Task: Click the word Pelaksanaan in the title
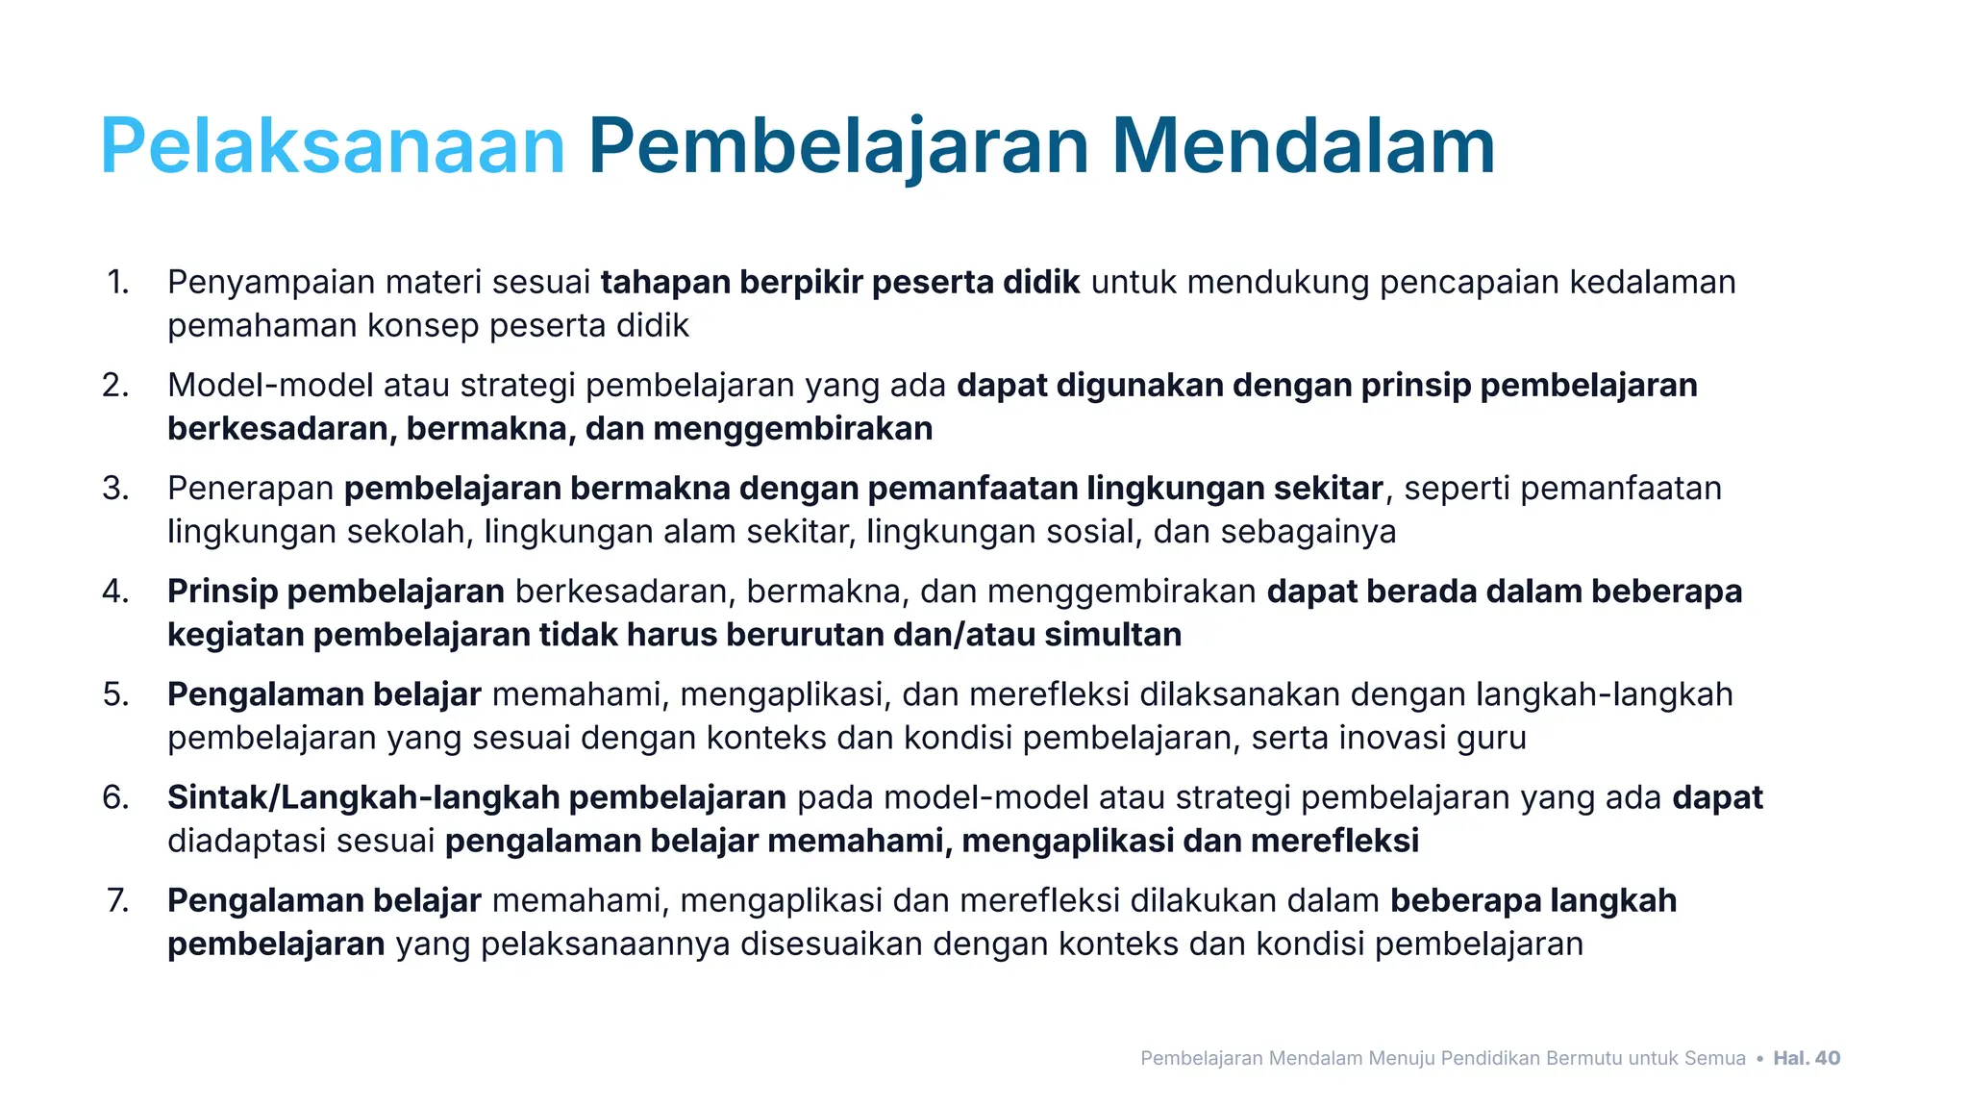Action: coord(333,146)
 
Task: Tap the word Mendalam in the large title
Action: coord(1303,146)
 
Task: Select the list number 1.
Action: coord(118,283)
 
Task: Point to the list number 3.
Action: coord(116,489)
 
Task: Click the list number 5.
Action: coord(116,694)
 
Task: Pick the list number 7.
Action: coord(117,900)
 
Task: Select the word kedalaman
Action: coord(1653,283)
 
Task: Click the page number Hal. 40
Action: coord(1807,1058)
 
